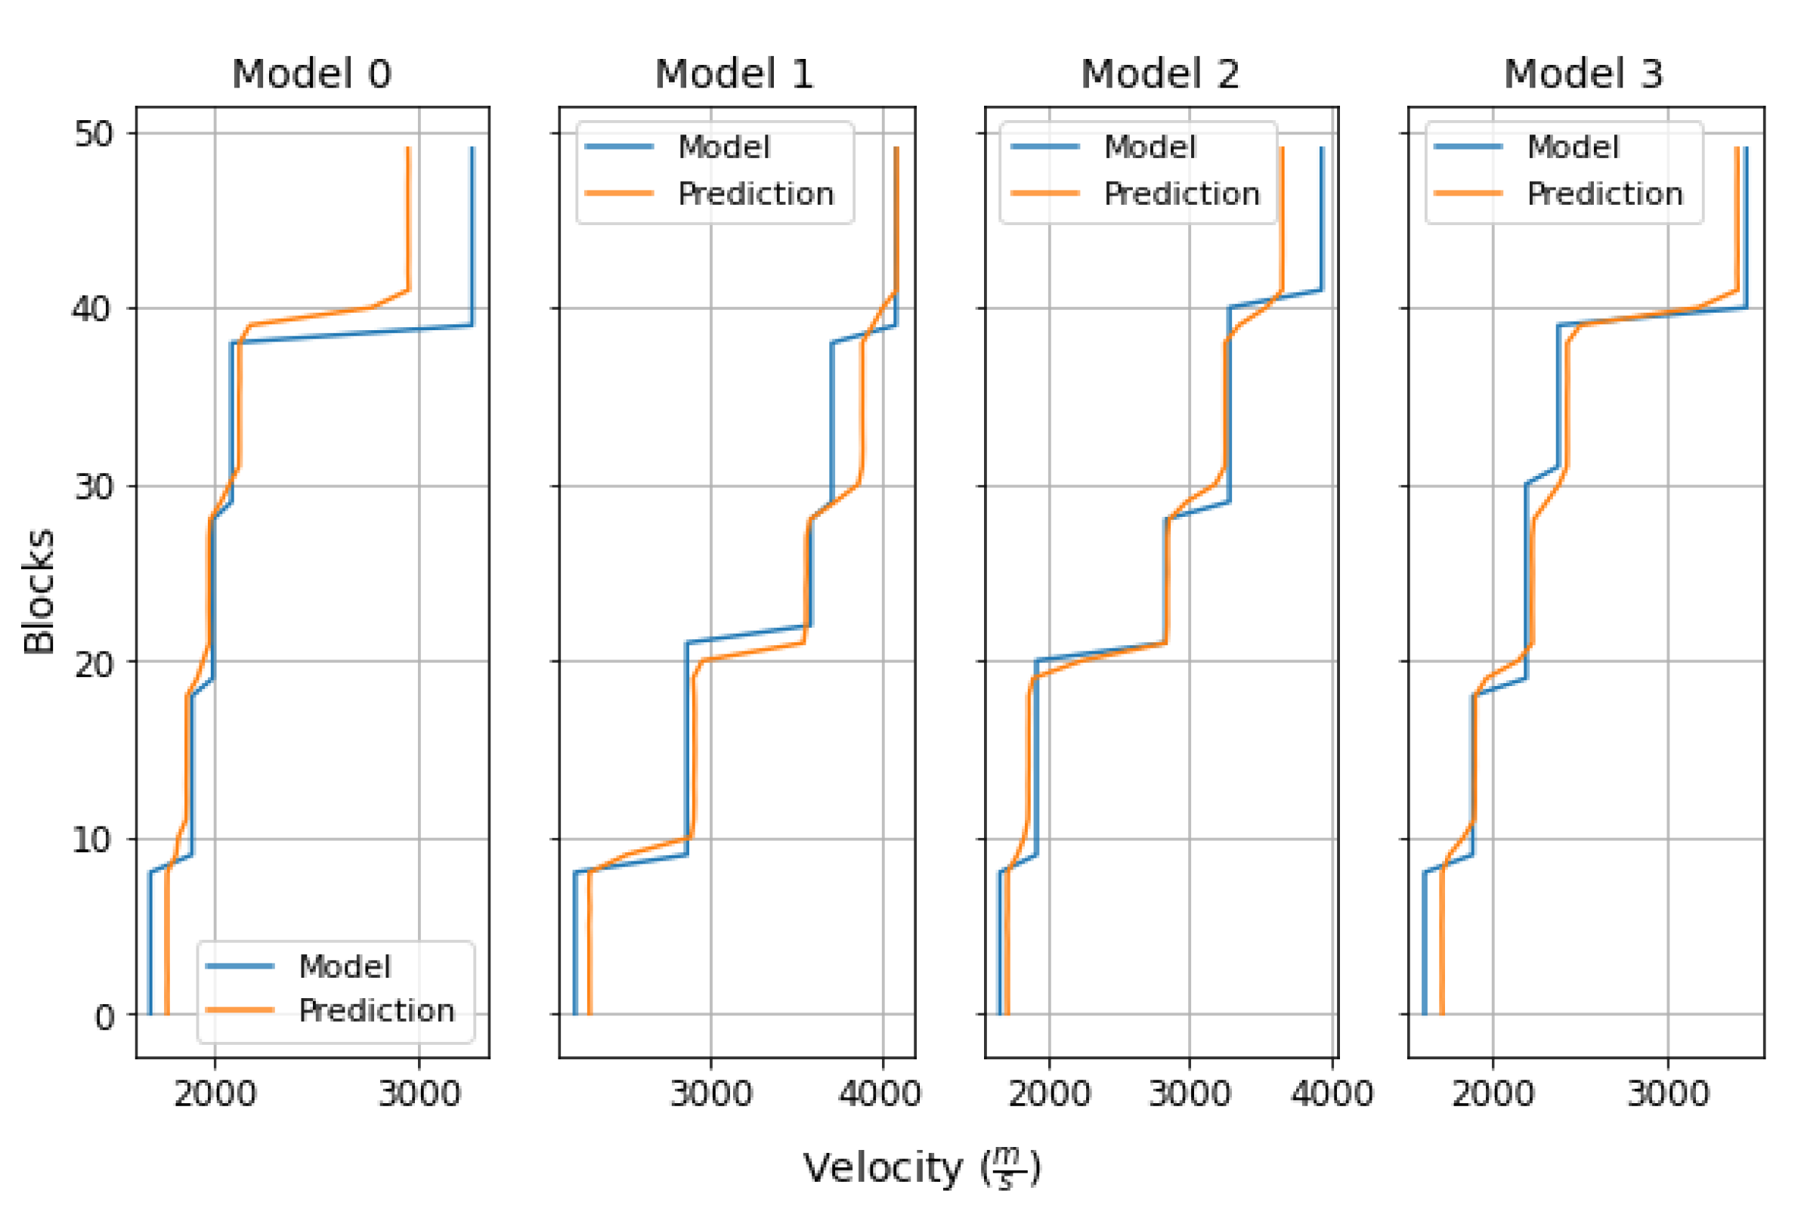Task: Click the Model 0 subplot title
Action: click(x=311, y=74)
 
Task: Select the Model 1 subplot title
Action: click(x=735, y=74)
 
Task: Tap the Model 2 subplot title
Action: click(x=1160, y=74)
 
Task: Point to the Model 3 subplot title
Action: click(x=1583, y=74)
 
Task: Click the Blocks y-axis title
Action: click(x=39, y=592)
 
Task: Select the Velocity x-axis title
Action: click(x=922, y=1168)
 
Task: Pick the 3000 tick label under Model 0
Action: click(x=419, y=1094)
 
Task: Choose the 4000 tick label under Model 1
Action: click(x=882, y=1094)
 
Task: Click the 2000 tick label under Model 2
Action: click(x=1049, y=1094)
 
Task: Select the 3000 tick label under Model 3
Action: click(x=1668, y=1094)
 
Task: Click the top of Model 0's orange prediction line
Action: click(x=408, y=149)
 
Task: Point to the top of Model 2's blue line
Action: click(x=1322, y=149)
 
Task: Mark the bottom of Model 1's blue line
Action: click(x=575, y=1012)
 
